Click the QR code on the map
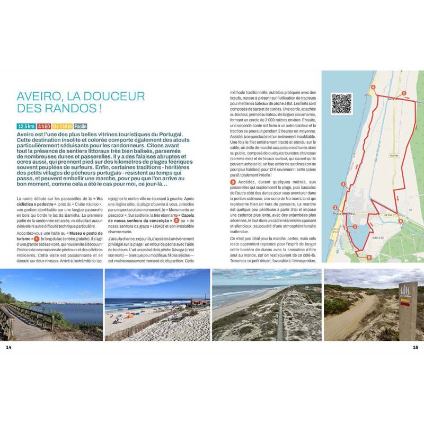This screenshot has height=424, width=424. (x=342, y=104)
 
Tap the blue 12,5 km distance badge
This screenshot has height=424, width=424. (x=26, y=127)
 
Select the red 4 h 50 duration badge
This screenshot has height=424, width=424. (x=43, y=127)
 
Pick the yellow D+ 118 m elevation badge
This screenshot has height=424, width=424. (x=62, y=127)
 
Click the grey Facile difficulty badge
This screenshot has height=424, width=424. (x=81, y=127)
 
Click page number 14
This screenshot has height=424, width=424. (x=8, y=348)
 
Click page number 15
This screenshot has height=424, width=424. (x=416, y=348)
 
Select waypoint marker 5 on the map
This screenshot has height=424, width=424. (x=404, y=93)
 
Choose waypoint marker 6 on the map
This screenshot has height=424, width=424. (x=401, y=221)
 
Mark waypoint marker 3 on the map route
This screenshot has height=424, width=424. (x=343, y=184)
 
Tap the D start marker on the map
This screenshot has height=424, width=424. (x=369, y=257)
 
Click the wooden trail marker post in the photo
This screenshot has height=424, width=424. (x=408, y=310)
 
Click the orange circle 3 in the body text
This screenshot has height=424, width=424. (x=233, y=182)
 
